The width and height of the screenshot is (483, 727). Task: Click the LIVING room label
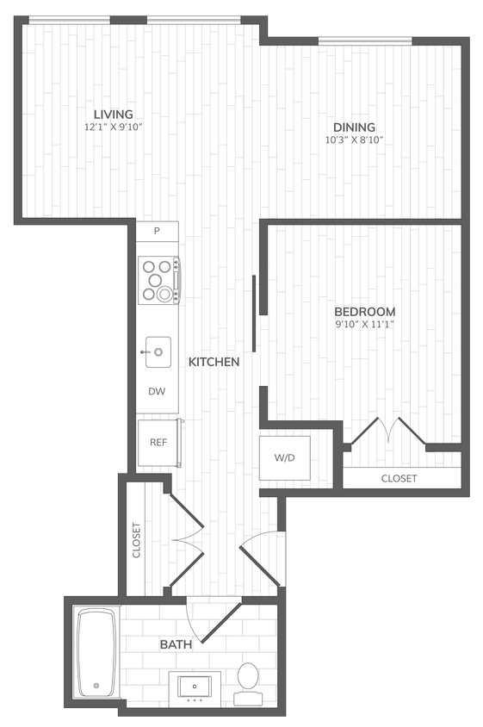(114, 115)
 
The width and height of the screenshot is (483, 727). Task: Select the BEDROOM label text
(365, 311)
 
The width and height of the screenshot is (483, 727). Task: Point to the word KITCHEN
(214, 363)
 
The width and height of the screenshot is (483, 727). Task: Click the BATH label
(175, 643)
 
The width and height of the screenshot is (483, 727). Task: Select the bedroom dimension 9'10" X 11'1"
(365, 324)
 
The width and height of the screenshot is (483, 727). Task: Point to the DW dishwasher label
(157, 391)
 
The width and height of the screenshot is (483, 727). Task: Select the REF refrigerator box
(158, 442)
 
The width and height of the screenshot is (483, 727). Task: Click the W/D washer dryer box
(285, 457)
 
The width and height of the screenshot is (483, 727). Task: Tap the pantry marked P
(157, 231)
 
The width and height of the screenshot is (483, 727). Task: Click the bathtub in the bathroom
(96, 653)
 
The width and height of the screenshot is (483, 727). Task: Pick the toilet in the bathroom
(249, 675)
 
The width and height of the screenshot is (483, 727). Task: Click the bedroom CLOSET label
(399, 478)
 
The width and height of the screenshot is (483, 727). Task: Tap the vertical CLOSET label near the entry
(136, 540)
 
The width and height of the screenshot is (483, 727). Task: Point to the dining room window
(365, 40)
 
